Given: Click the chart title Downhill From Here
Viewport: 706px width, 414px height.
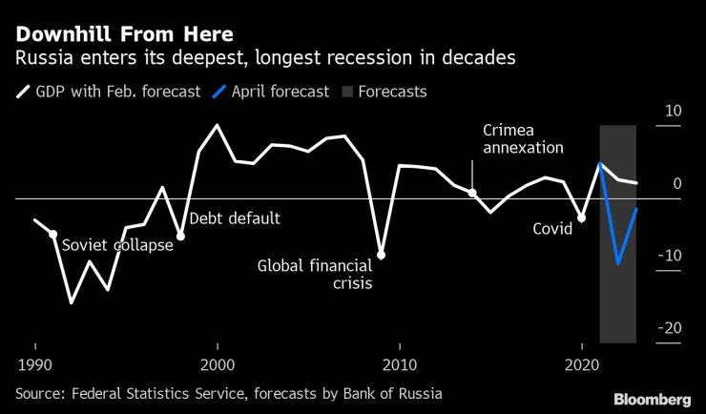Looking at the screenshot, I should click(x=123, y=35).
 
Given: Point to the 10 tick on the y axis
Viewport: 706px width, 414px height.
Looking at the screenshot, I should click(x=673, y=112).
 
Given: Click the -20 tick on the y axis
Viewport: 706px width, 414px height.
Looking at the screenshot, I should click(x=670, y=328).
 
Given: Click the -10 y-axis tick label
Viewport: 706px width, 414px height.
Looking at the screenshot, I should click(x=670, y=256).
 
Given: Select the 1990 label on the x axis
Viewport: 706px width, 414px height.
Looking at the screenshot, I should click(x=35, y=364).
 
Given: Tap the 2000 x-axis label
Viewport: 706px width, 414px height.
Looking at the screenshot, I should click(x=218, y=364).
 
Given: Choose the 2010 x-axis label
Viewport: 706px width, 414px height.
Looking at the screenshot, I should click(x=400, y=364).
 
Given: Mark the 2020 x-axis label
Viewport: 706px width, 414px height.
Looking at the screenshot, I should click(x=581, y=364).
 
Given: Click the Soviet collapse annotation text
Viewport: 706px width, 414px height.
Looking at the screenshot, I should click(x=117, y=245).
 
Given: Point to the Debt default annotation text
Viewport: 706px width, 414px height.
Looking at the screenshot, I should click(x=235, y=218).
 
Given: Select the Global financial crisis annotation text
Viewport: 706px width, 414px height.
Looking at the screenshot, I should click(x=315, y=274).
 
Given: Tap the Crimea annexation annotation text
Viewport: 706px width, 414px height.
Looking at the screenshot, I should click(x=523, y=138).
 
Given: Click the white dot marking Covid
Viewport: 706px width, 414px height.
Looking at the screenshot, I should click(x=581, y=218).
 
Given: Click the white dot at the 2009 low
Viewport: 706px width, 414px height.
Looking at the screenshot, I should click(x=382, y=255).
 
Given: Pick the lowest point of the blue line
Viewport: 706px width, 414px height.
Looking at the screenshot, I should click(x=618, y=263).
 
